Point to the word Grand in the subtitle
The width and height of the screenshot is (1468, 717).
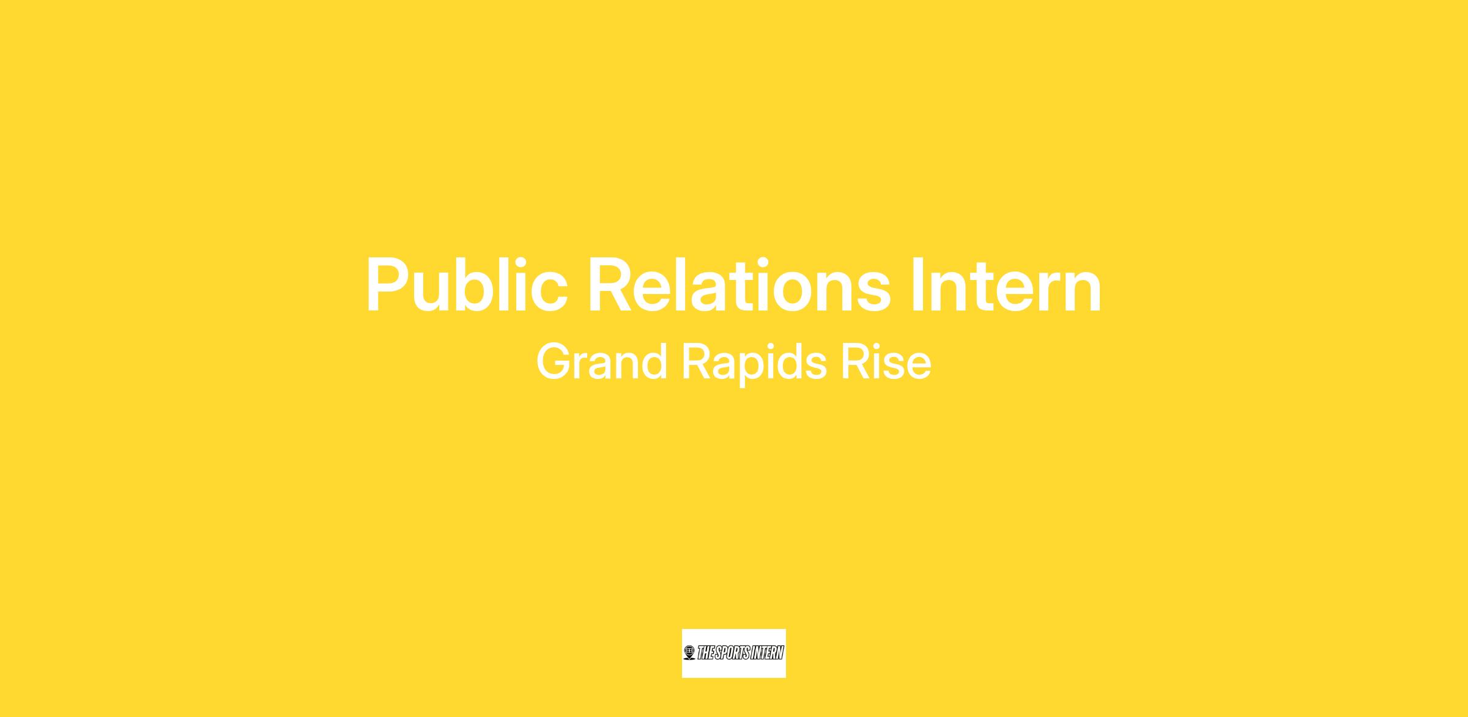pos(602,362)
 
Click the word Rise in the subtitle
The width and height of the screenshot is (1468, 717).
pos(886,362)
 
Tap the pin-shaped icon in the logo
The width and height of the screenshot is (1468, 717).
pos(690,653)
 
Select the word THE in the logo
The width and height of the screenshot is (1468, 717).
pos(705,653)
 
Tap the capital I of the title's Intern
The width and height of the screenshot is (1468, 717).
pos(917,285)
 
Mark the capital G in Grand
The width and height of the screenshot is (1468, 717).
pos(554,362)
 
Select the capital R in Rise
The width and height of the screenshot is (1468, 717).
pos(855,362)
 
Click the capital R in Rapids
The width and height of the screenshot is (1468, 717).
pos(695,362)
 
